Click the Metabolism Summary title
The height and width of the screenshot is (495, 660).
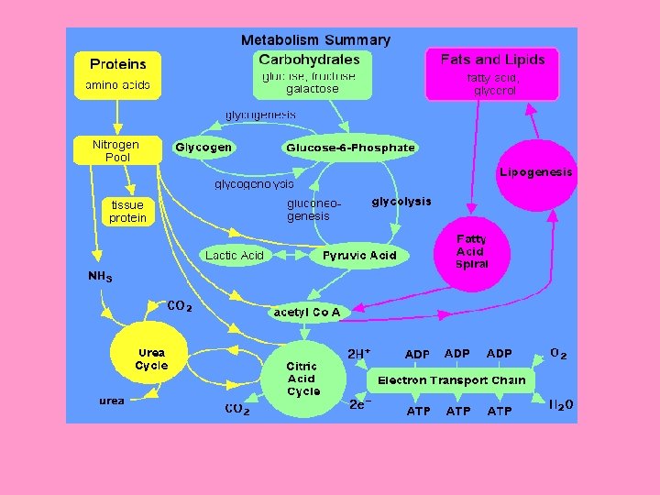[x=315, y=40]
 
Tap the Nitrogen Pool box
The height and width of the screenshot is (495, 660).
[x=116, y=151]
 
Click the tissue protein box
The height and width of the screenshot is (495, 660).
[x=127, y=212]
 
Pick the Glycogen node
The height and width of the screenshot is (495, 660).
[x=203, y=147]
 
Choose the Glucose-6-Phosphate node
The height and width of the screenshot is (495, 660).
[x=350, y=147]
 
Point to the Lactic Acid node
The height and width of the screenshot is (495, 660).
[x=234, y=255]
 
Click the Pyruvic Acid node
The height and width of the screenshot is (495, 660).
[x=359, y=255]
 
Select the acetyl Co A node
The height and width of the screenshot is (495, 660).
[x=307, y=312]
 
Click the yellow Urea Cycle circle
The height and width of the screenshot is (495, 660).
[x=150, y=359]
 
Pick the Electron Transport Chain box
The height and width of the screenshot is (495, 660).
[x=452, y=379]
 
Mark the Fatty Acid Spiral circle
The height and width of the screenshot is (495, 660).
[x=473, y=252]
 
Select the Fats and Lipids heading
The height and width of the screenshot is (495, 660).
[x=492, y=60]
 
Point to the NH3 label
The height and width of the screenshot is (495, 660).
[x=100, y=276]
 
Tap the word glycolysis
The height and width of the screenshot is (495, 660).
[x=401, y=202]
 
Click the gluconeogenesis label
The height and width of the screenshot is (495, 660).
[x=308, y=210]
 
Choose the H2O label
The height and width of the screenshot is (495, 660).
[x=561, y=404]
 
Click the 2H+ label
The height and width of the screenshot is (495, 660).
[x=358, y=353]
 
